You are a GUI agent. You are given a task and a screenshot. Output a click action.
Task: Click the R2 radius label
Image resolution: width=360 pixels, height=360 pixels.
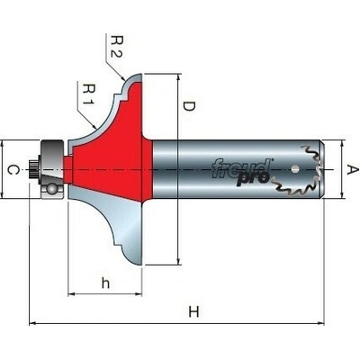[115, 47]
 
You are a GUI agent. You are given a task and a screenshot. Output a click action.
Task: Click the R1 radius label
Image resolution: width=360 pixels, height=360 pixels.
[89, 94]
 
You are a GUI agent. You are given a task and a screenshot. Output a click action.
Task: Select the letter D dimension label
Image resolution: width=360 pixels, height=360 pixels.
[189, 106]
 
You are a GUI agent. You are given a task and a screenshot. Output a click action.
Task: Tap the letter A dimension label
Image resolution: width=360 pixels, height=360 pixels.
[353, 169]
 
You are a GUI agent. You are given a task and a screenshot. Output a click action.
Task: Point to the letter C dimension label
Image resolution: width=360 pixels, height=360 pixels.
[13, 170]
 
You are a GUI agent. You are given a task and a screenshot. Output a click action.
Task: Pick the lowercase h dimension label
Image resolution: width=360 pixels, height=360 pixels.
[105, 283]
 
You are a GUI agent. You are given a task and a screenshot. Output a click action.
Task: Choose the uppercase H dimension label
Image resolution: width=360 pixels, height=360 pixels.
[193, 311]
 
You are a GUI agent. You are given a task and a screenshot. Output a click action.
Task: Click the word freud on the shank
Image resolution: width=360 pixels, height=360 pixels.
[241, 169]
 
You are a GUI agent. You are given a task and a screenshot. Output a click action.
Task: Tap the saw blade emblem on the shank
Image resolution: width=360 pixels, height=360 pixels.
[297, 170]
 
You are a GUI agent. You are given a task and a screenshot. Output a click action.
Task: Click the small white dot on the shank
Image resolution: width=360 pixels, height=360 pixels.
[295, 169]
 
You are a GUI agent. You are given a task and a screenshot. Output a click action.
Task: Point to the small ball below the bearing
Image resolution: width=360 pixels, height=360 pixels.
[52, 190]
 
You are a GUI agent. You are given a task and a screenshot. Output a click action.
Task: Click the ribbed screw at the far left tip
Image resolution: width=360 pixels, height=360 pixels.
[32, 169]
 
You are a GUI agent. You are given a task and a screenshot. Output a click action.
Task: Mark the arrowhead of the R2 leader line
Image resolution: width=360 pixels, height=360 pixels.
[123, 78]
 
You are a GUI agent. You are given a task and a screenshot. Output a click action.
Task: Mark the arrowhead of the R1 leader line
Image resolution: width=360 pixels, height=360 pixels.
[94, 126]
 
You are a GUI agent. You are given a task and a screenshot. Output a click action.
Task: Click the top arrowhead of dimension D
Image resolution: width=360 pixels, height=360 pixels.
[178, 77]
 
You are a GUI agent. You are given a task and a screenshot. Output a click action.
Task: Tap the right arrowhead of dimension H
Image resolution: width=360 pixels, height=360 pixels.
[321, 323]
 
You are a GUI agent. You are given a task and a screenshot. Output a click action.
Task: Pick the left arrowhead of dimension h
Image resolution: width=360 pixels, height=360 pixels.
[71, 294]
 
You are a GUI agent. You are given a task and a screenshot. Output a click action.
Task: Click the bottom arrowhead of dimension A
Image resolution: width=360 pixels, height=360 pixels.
[342, 194]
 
